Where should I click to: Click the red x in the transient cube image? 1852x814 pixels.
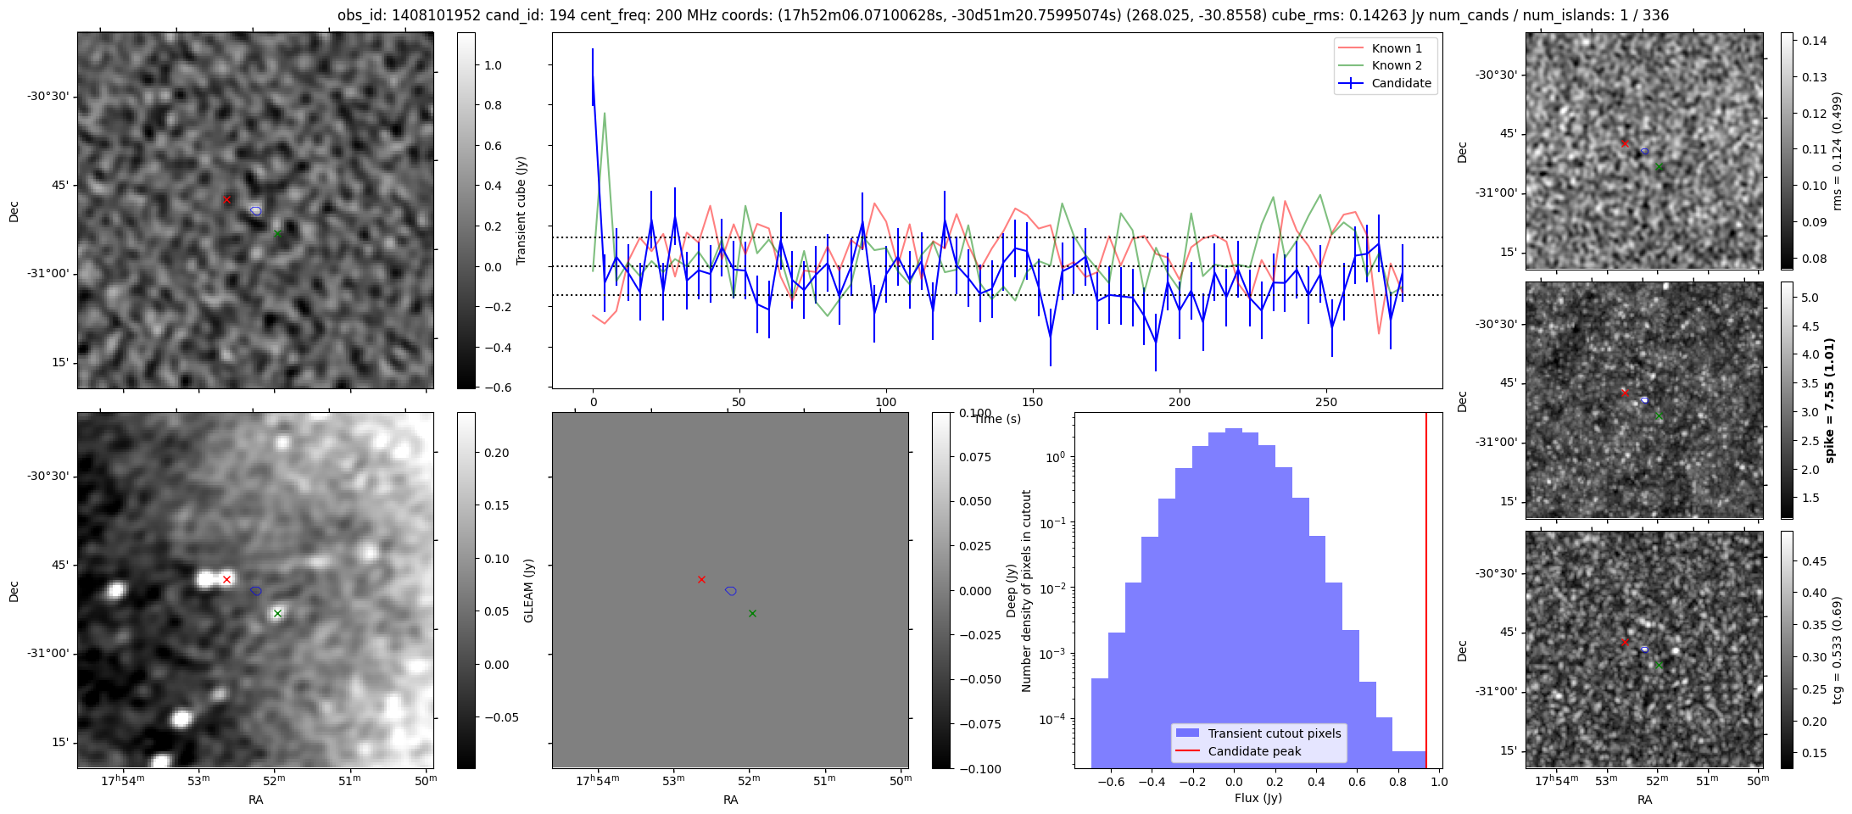[226, 200]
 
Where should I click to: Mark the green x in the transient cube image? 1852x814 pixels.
[277, 233]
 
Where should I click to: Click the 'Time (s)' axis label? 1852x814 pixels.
[997, 419]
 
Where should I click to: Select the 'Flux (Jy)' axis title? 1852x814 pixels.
[1258, 798]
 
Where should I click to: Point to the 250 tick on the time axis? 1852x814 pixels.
[1325, 402]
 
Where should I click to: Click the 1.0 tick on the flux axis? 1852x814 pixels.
[1439, 782]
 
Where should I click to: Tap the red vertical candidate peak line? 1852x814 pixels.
[1426, 594]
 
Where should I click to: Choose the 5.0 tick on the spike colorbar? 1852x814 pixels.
[1810, 298]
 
